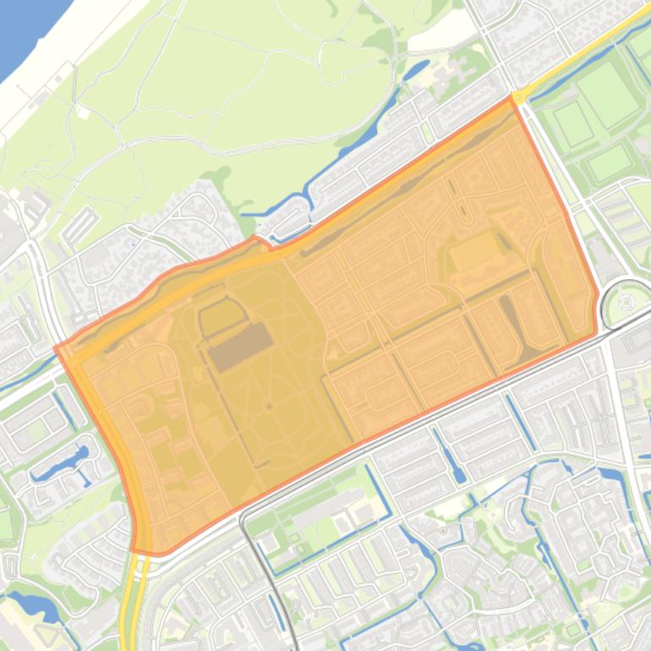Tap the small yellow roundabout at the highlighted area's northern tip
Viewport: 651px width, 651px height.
(x=517, y=98)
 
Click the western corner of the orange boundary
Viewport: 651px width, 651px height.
(x=56, y=347)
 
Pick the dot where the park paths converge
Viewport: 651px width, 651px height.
(x=268, y=408)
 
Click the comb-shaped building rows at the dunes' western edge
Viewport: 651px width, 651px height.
(x=80, y=225)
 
